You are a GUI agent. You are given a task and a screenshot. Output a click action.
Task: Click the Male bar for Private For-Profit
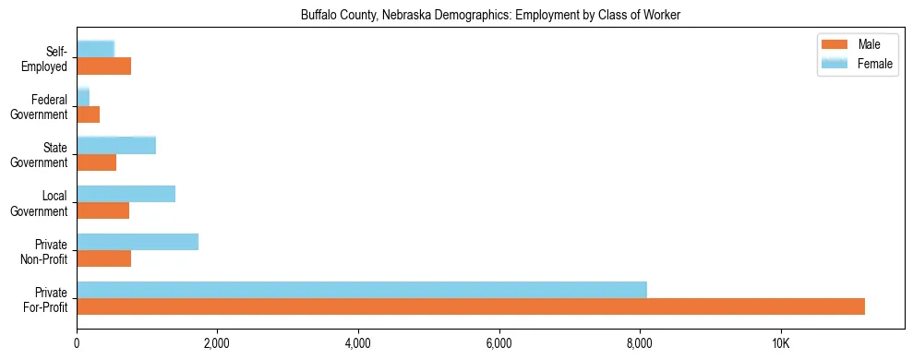click(x=471, y=306)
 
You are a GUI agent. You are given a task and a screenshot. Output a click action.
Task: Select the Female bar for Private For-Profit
click(x=362, y=290)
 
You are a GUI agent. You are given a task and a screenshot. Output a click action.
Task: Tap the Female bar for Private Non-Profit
click(x=138, y=242)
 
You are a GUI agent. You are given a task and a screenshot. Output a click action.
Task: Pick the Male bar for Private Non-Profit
click(x=103, y=258)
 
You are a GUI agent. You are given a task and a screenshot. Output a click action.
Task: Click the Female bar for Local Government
click(x=126, y=194)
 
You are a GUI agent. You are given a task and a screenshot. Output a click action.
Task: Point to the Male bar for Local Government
click(x=102, y=210)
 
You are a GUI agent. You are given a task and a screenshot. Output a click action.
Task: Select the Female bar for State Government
click(x=116, y=145)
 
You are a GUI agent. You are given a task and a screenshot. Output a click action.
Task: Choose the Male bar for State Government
click(x=96, y=162)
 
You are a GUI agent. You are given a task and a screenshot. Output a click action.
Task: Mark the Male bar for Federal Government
click(x=88, y=114)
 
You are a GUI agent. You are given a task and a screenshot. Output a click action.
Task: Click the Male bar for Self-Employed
click(x=103, y=66)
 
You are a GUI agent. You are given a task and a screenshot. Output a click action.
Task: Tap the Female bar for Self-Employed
click(x=95, y=49)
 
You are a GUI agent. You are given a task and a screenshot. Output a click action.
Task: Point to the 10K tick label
click(x=780, y=343)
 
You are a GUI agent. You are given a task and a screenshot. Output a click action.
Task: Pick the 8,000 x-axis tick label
click(x=640, y=343)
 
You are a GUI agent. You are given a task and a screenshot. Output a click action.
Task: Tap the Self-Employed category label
click(x=45, y=58)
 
